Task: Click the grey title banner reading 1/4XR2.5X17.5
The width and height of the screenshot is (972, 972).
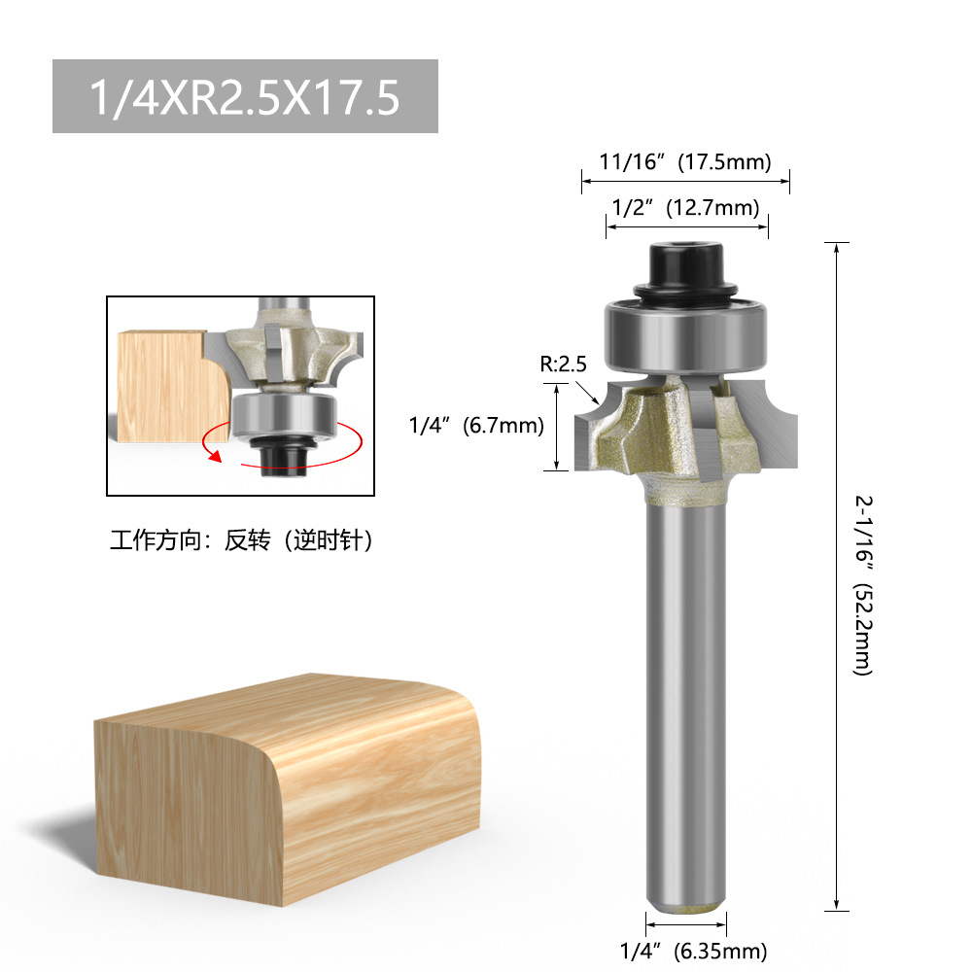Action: pyautogui.click(x=245, y=96)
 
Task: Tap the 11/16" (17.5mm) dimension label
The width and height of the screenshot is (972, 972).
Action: pyautogui.click(x=685, y=161)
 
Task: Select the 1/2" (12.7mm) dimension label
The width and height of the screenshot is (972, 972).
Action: pyautogui.click(x=685, y=207)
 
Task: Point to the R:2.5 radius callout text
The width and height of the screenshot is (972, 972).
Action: pyautogui.click(x=563, y=364)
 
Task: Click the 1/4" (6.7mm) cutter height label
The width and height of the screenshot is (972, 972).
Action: pyautogui.click(x=476, y=426)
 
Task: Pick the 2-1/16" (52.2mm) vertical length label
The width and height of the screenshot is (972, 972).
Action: pyautogui.click(x=863, y=585)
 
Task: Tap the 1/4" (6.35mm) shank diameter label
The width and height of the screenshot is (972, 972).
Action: pyautogui.click(x=693, y=951)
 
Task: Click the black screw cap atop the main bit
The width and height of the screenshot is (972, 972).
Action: pyautogui.click(x=685, y=271)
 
